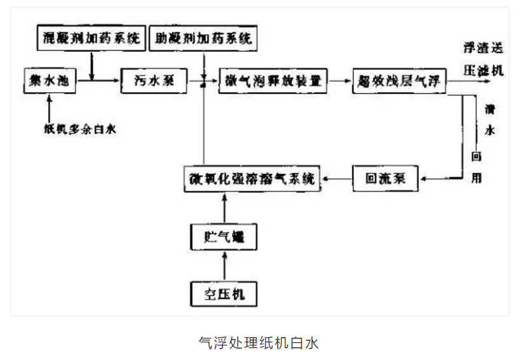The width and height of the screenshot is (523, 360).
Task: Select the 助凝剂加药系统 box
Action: [204, 39]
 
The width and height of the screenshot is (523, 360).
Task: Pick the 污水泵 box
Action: [153, 81]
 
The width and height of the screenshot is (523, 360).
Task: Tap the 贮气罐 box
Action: [223, 239]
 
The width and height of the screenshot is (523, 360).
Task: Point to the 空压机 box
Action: [223, 294]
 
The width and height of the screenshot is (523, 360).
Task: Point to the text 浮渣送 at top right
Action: [483, 49]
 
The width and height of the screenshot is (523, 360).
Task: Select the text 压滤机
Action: [483, 70]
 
